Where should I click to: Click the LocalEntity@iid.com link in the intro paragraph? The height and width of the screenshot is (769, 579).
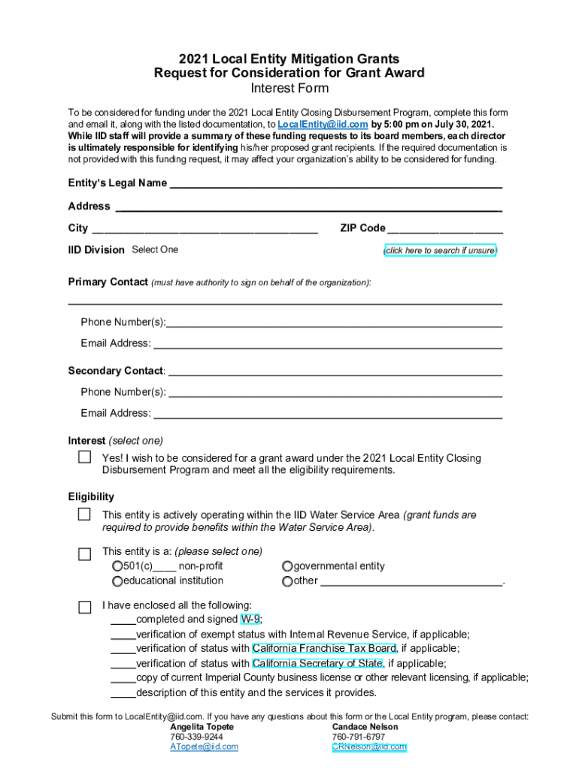[x=323, y=124]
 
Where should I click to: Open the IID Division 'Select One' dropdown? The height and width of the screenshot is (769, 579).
[x=155, y=250]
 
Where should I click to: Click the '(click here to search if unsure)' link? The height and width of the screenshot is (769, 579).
[x=440, y=251]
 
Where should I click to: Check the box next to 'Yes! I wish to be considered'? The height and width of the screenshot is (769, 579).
[x=85, y=457]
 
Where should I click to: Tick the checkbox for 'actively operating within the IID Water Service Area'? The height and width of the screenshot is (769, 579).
[x=85, y=514]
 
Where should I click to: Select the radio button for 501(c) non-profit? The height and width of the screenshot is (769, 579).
[x=117, y=566]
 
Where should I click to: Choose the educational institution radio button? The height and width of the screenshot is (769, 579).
[x=117, y=581]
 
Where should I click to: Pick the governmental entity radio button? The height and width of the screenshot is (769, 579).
[x=287, y=566]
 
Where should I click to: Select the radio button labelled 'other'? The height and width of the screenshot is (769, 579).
[x=287, y=581]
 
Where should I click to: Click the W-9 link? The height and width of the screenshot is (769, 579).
[x=250, y=620]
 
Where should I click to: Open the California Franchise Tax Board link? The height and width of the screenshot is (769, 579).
[x=324, y=649]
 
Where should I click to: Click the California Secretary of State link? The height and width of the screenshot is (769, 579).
[x=317, y=664]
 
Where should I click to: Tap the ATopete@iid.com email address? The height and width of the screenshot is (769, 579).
[x=204, y=747]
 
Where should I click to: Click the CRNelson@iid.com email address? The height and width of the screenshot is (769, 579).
[x=369, y=747]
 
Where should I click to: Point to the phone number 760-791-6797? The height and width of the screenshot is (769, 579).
[x=358, y=737]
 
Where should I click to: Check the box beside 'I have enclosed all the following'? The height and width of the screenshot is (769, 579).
[x=85, y=606]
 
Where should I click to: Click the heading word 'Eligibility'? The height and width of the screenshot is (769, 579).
[x=91, y=496]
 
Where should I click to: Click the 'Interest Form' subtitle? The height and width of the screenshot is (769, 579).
[x=289, y=89]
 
